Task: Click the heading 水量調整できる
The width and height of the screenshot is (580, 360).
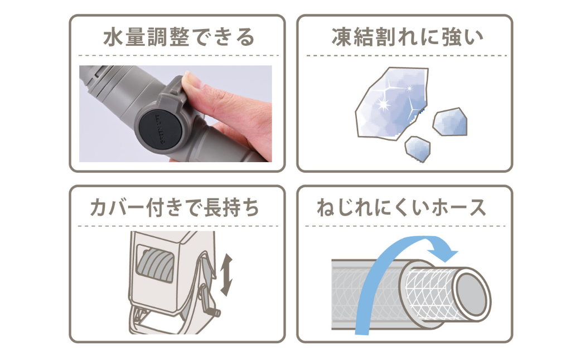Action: [x=178, y=37]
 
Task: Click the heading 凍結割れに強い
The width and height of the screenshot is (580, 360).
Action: [x=407, y=37]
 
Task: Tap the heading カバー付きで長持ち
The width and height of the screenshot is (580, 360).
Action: [x=175, y=207]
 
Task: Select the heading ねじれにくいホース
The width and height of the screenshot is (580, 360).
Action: [x=402, y=207]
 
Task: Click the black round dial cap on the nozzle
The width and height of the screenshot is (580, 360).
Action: [x=160, y=129]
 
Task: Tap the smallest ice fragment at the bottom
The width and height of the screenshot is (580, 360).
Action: [x=418, y=149]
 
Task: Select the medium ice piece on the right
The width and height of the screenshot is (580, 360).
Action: [x=450, y=121]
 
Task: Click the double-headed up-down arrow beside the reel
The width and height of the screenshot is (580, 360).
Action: [x=226, y=275]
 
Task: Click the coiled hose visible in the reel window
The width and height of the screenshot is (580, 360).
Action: [x=156, y=264]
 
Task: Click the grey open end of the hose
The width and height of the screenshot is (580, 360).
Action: [x=471, y=294]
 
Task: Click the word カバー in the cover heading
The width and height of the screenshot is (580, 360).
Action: [x=116, y=207]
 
